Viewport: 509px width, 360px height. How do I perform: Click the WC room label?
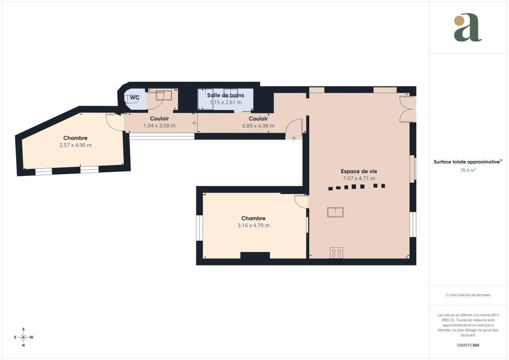pyautogui.click(x=135, y=97)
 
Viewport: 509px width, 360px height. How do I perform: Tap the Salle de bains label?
pyautogui.click(x=225, y=95)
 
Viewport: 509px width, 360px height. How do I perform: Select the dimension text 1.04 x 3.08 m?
pyautogui.click(x=159, y=126)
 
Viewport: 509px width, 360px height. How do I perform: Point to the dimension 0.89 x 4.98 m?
pyautogui.click(x=258, y=126)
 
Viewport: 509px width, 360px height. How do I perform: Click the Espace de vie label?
pyautogui.click(x=359, y=171)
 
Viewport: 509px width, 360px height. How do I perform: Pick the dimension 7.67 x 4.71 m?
pyautogui.click(x=359, y=178)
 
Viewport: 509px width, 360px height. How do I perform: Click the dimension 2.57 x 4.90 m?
pyautogui.click(x=75, y=145)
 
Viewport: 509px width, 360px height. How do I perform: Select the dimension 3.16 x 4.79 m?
pyautogui.click(x=253, y=225)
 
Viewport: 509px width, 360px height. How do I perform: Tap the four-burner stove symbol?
pyautogui.click(x=336, y=253)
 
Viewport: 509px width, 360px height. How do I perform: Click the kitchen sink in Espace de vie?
pyautogui.click(x=335, y=212)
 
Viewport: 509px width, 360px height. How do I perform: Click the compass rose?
pyautogui.click(x=23, y=337)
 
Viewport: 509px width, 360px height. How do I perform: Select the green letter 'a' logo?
pyautogui.click(x=468, y=27)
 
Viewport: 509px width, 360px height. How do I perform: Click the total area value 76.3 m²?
pyautogui.click(x=468, y=170)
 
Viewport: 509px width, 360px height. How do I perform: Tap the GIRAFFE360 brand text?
pyautogui.click(x=468, y=345)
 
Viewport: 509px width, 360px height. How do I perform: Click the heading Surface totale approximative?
pyautogui.click(x=467, y=162)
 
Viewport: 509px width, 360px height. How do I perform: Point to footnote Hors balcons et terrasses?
pyautogui.click(x=468, y=295)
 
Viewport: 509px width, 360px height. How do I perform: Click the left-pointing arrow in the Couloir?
pyautogui.click(x=194, y=123)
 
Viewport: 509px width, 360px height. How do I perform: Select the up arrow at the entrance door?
pyautogui.click(x=294, y=139)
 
